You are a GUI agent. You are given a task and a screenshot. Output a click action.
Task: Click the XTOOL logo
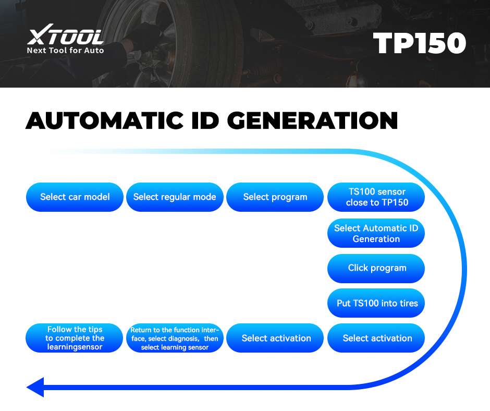coord(65,37)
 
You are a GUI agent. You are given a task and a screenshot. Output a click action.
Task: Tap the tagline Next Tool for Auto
coord(65,51)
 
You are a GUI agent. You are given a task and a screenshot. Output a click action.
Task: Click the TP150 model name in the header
coord(419,44)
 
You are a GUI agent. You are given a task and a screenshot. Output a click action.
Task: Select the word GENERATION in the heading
coord(312,120)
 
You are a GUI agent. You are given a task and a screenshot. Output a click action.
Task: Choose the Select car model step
coord(75,197)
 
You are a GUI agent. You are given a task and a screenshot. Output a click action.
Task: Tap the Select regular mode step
coord(175,197)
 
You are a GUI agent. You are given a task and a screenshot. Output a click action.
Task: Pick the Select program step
coord(275,197)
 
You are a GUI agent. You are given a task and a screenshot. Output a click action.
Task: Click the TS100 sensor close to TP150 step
coord(376,197)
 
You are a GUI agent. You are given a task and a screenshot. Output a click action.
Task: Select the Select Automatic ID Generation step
coord(376,233)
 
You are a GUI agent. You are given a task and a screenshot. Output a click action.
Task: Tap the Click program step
coord(376,268)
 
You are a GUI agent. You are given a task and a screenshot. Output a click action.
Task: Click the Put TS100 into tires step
coord(376,303)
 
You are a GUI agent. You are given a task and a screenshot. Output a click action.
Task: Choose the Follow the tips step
coord(75,338)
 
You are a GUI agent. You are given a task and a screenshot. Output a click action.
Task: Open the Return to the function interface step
coord(175,339)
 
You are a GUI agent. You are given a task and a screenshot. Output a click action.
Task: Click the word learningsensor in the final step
coord(75,347)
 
